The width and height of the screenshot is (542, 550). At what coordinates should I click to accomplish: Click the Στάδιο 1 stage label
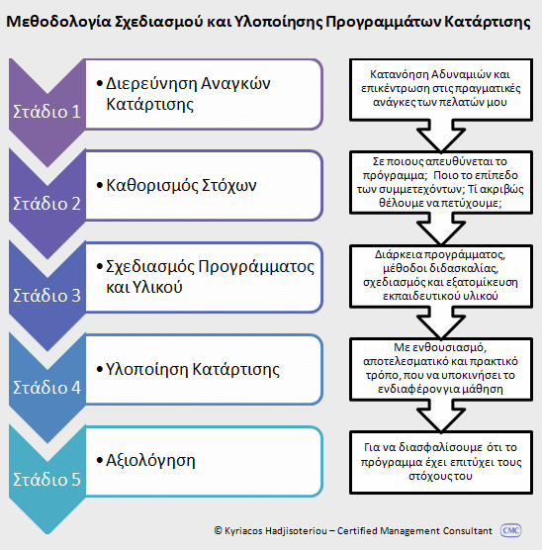tap(47, 112)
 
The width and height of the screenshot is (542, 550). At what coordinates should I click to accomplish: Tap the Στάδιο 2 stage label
tap(47, 204)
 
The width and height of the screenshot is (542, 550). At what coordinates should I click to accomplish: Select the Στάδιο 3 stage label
tap(47, 296)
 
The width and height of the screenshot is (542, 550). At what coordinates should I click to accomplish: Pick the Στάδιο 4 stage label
tap(47, 387)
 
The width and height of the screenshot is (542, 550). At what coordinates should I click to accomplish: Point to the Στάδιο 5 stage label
tap(47, 479)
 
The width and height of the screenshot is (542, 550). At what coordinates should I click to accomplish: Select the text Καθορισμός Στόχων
tap(181, 185)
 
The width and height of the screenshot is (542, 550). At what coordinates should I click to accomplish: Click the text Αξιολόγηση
tap(150, 461)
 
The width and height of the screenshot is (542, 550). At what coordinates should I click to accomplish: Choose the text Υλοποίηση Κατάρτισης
tap(193, 369)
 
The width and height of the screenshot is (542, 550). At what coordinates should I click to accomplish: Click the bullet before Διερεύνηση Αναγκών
tap(100, 83)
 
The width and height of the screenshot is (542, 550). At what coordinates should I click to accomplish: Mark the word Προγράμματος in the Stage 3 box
tap(256, 267)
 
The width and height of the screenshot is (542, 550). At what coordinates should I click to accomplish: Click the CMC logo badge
tap(510, 530)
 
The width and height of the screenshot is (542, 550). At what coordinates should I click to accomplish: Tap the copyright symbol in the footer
tap(218, 530)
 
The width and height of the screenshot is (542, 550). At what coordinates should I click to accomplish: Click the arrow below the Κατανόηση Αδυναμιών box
tap(441, 136)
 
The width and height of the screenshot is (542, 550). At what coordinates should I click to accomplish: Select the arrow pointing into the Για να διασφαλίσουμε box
tap(441, 416)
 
